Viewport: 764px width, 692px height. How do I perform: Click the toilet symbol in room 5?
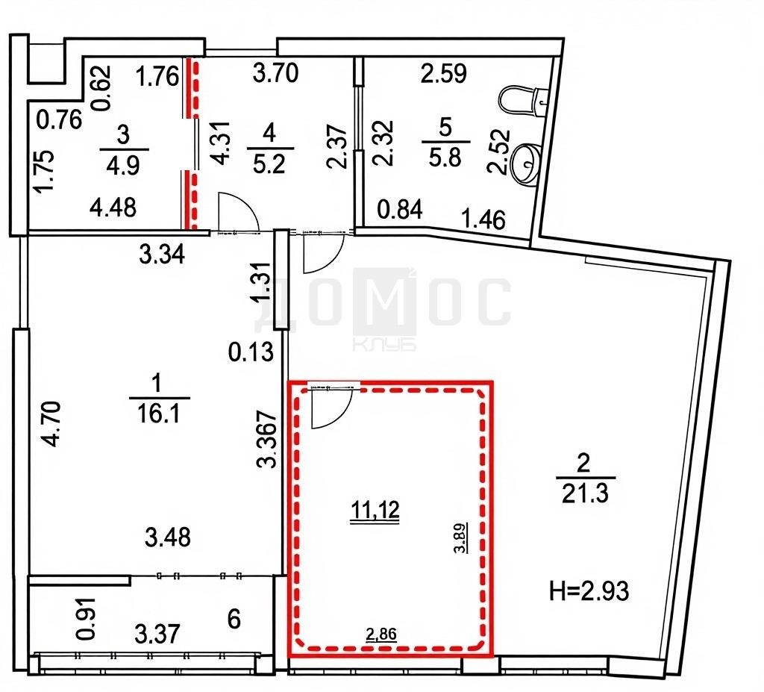click(x=524, y=101)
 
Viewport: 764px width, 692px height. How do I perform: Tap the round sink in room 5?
click(x=526, y=163)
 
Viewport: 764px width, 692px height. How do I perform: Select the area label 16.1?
click(x=159, y=414)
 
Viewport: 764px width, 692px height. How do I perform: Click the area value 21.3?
click(x=585, y=494)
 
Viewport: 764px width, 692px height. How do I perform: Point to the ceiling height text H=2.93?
click(x=589, y=590)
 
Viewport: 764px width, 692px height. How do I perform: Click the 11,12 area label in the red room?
click(x=375, y=510)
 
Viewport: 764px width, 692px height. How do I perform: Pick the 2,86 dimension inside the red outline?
click(x=381, y=634)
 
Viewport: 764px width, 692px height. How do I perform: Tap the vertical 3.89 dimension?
click(x=461, y=537)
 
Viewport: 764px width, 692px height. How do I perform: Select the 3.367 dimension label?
click(x=267, y=440)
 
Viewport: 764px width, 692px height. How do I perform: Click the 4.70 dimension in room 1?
click(x=51, y=423)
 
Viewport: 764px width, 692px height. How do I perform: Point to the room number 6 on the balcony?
click(x=234, y=620)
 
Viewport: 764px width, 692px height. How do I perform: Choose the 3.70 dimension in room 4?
click(x=276, y=73)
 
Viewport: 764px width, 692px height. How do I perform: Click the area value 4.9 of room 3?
click(x=123, y=165)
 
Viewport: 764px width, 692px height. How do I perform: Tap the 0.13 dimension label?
click(x=251, y=352)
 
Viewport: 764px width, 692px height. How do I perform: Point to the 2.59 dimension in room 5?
click(x=444, y=73)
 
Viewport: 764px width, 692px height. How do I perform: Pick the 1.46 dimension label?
click(x=484, y=219)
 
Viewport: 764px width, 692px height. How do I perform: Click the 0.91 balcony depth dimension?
click(x=87, y=619)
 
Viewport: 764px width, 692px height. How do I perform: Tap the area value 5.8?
click(x=445, y=158)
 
